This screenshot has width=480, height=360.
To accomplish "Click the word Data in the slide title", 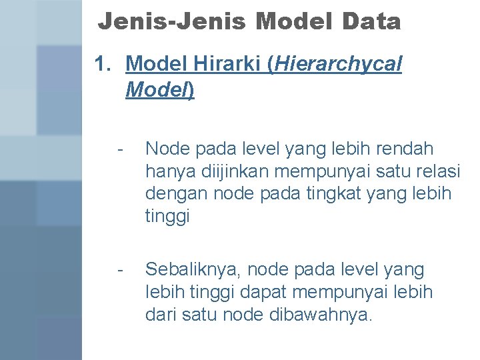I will [x=371, y=23].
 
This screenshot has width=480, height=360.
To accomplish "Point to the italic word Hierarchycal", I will [x=338, y=65].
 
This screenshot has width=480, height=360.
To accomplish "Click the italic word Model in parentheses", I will [x=157, y=90].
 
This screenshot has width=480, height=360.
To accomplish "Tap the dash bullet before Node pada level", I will [x=119, y=148].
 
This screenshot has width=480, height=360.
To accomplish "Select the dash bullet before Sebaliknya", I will [x=119, y=270].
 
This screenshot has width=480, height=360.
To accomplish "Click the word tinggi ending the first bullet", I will [x=167, y=217].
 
